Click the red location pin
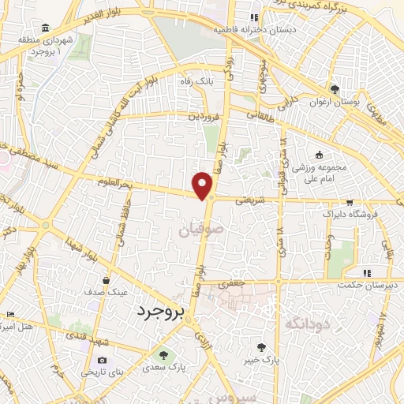click(x=204, y=185)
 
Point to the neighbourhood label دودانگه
click(x=305, y=322)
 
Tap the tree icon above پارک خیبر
click(x=261, y=346)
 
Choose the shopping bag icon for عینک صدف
click(x=107, y=279)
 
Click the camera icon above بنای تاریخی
click(x=102, y=360)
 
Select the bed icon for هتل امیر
click(x=9, y=314)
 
